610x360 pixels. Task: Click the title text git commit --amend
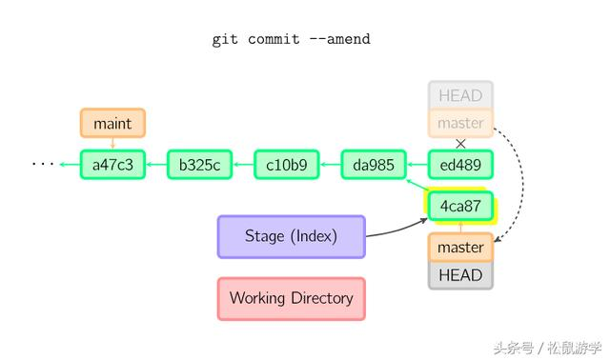pos(291,39)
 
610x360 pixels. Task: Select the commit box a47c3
pos(112,165)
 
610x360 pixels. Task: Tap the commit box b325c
pos(199,165)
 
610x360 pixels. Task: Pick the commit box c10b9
pos(286,165)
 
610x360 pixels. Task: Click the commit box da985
pos(374,165)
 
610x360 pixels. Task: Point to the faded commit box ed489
pos(460,165)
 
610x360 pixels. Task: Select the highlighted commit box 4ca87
pos(460,206)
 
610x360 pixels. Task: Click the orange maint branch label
pos(112,123)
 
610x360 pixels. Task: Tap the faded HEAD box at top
pos(460,95)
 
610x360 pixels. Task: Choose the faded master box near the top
pos(460,123)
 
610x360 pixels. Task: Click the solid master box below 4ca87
pos(460,248)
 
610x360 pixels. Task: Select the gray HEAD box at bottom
pos(460,275)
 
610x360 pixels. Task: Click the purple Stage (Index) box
pos(291,236)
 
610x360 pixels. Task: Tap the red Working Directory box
pos(291,298)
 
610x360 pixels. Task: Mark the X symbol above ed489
pos(461,144)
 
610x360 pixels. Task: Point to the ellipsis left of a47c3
pos(43,165)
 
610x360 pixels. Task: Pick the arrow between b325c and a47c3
pos(156,165)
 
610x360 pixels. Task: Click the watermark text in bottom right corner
pos(547,348)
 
